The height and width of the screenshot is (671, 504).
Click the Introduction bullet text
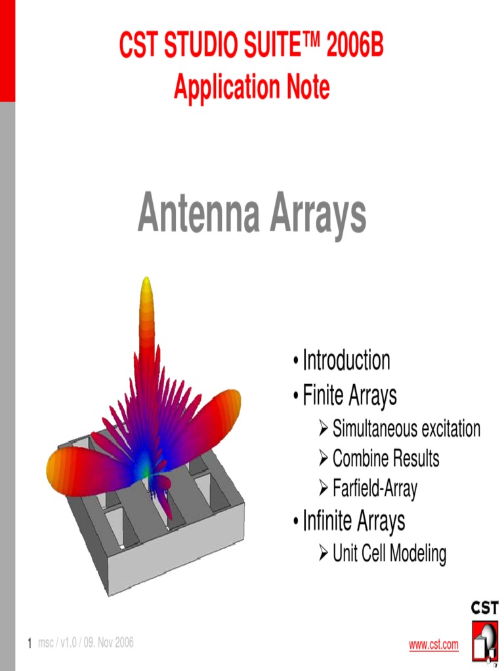pos(346,360)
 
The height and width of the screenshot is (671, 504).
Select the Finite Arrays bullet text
pos(349,396)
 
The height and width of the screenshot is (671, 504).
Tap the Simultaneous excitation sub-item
pos(406,429)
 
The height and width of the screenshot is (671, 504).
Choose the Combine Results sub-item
pos(386,459)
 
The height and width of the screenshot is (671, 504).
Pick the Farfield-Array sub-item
pos(375,488)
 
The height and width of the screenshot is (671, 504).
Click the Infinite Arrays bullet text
pos(353,522)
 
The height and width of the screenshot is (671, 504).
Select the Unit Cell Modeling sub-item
pos(389,554)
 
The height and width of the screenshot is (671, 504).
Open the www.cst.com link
pos(434,645)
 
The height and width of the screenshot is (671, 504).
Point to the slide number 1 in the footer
pos(30,644)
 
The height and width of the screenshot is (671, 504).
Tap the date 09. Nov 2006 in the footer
pos(108,643)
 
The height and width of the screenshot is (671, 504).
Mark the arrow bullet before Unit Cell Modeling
pos(323,554)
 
